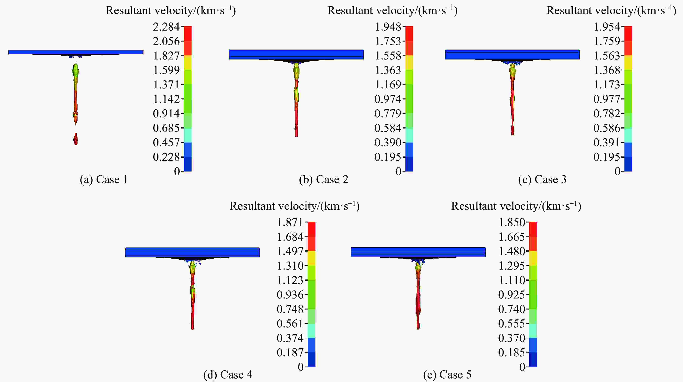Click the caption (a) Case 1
[104, 180]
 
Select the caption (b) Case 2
[323, 180]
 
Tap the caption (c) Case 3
[542, 180]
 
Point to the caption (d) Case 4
[227, 375]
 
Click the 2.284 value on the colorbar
[166, 27]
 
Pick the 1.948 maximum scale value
[388, 27]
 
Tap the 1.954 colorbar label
[607, 27]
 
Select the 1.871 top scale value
[290, 222]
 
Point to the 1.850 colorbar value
[512, 222]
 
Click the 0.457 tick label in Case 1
[166, 143]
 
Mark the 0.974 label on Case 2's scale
[388, 99]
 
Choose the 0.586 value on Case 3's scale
[607, 128]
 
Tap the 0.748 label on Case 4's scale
[290, 309]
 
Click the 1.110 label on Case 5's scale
[512, 280]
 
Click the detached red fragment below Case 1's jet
[76, 139]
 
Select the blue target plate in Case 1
[76, 52]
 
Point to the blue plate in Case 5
[418, 252]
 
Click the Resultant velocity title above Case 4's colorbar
[294, 206]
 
